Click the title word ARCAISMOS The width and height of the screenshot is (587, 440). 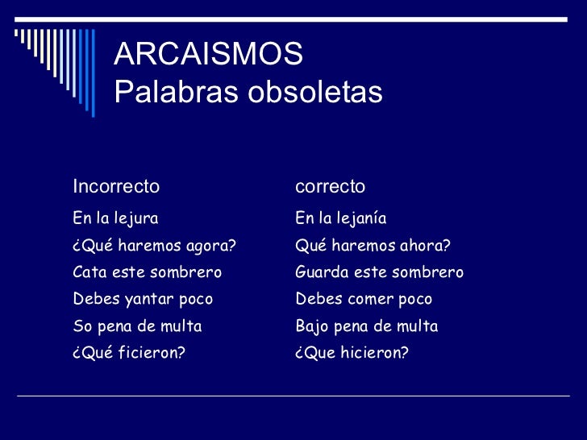click(x=209, y=55)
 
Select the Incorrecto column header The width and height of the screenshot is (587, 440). click(x=116, y=187)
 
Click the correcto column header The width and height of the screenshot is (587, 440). click(x=330, y=187)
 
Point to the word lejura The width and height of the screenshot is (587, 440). click(x=137, y=218)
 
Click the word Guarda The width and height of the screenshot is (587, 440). click(x=320, y=272)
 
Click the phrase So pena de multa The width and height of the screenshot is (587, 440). click(x=137, y=326)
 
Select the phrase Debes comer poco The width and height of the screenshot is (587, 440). click(x=364, y=300)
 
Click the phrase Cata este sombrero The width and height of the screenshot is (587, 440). click(x=147, y=272)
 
